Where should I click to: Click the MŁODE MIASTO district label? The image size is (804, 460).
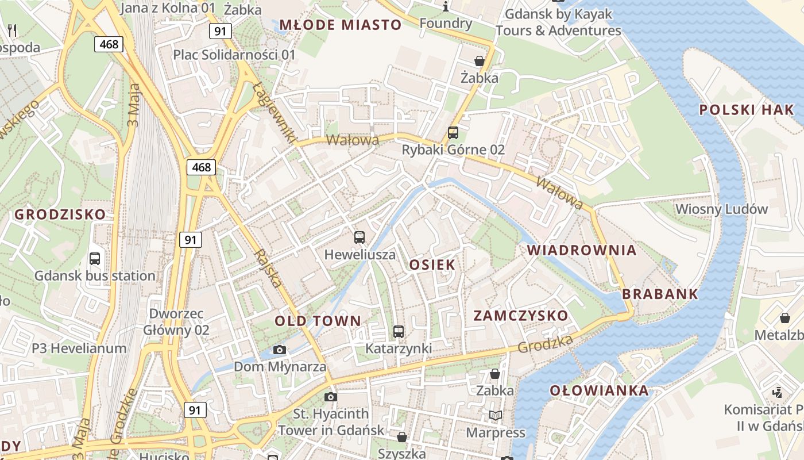340,25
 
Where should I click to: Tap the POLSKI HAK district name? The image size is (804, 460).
747,110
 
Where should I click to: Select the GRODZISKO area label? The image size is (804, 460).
60,214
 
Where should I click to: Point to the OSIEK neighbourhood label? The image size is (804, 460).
432,264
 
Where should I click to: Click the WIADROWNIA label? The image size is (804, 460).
582,250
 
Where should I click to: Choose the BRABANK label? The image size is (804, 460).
660,294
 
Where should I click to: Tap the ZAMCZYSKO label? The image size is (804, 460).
520,315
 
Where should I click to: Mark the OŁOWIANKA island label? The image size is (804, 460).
599,390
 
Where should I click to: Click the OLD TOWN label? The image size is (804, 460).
318,321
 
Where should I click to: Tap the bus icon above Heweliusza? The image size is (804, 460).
360,237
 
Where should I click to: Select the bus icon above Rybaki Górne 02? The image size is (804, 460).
453,133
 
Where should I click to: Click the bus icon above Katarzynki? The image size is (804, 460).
399,331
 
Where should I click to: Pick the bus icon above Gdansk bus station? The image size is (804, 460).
95,259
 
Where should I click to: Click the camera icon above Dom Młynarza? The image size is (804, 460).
280,350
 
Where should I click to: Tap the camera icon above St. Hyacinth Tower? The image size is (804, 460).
330,397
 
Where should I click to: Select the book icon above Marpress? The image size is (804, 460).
495,415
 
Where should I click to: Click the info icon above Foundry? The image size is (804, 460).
446,7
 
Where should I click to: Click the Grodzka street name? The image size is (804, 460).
545,344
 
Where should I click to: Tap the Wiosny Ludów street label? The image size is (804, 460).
721,209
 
